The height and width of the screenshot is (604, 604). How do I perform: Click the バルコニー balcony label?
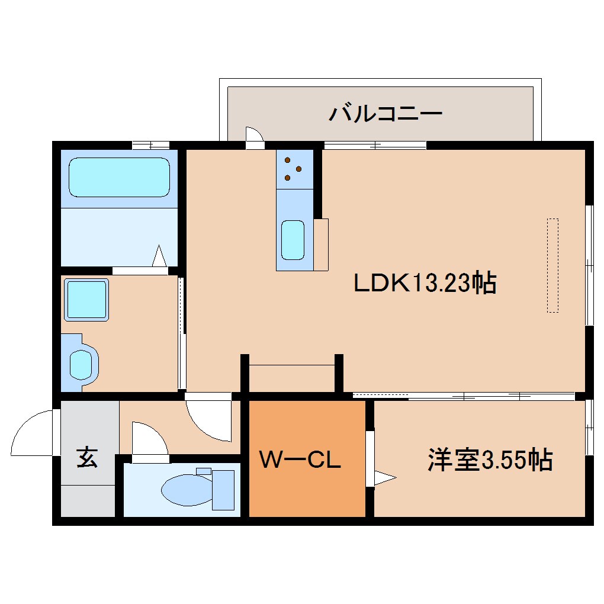click(x=385, y=112)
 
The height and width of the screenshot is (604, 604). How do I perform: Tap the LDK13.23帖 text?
click(x=424, y=284)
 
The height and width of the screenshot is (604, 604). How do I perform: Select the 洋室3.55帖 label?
click(x=490, y=460)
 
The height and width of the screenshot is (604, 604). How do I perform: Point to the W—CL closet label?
click(x=301, y=460)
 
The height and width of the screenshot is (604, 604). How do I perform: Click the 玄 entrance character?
click(x=87, y=458)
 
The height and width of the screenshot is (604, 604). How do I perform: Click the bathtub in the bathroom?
click(x=119, y=177)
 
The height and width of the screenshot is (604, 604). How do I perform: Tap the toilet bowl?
click(x=183, y=489)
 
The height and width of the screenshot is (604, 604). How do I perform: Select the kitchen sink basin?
click(x=293, y=239)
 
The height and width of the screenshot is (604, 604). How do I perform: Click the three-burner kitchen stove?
click(x=294, y=169)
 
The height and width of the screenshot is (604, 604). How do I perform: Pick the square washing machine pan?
click(x=86, y=300)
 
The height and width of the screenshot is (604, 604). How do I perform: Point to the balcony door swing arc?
click(x=254, y=135)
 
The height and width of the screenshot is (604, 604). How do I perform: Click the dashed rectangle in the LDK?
click(x=552, y=265)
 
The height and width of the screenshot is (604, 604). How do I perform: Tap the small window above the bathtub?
click(x=150, y=144)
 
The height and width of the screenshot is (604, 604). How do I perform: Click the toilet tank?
click(x=223, y=489)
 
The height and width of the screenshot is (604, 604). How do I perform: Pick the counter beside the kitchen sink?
click(x=321, y=245)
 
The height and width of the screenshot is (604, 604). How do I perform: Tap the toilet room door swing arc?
click(x=149, y=439)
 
